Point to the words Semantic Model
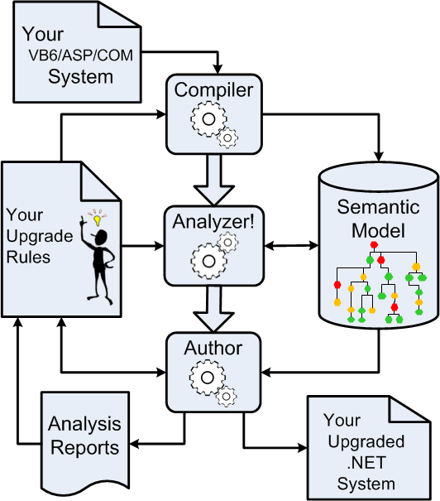pyautogui.click(x=378, y=218)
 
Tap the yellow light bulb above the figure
pyautogui.click(x=97, y=221)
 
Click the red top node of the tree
pyautogui.click(x=374, y=245)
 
